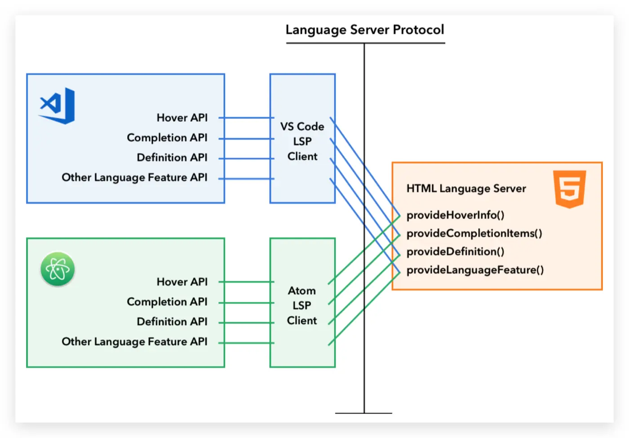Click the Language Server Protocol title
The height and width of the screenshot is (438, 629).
click(364, 30)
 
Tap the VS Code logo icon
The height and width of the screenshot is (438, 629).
click(58, 106)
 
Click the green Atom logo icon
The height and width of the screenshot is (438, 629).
click(58, 269)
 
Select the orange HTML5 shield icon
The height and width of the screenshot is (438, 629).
click(569, 189)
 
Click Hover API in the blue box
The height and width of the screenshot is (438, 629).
click(182, 118)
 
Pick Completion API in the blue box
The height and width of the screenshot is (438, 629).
click(167, 137)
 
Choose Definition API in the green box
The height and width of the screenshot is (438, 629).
click(172, 322)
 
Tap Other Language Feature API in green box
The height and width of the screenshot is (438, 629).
click(134, 342)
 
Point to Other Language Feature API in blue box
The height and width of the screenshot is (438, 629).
click(134, 177)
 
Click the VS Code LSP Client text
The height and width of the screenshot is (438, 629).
click(302, 141)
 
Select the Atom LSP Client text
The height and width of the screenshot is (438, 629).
click(302, 305)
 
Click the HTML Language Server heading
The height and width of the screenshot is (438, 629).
click(466, 189)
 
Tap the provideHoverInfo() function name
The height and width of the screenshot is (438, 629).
click(455, 215)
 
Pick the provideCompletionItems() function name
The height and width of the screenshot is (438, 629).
click(474, 234)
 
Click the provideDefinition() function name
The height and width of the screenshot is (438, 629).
click(455, 252)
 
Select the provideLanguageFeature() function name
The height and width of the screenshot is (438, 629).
click(475, 270)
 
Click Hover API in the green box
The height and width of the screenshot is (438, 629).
click(182, 282)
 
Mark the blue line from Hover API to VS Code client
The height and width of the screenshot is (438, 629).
click(246, 118)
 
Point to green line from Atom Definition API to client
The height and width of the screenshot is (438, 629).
click(246, 323)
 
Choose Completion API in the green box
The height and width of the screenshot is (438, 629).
click(167, 302)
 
